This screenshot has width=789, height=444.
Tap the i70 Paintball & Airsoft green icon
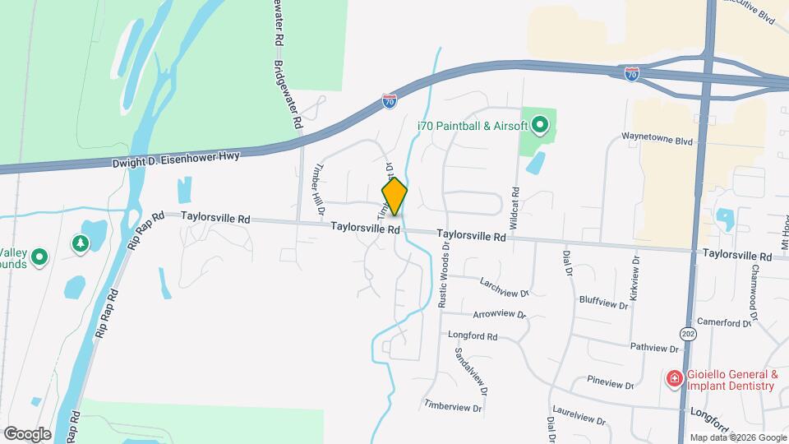[540, 126]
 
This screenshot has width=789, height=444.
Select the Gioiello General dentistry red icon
[674, 379]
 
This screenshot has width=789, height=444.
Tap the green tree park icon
[80, 243]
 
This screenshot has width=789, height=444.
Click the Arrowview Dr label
[500, 314]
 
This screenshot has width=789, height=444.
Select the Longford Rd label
[473, 336]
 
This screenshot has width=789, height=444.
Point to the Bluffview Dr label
[603, 301]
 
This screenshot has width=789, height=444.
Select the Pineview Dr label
[611, 382]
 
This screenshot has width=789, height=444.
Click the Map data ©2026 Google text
[737, 437]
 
